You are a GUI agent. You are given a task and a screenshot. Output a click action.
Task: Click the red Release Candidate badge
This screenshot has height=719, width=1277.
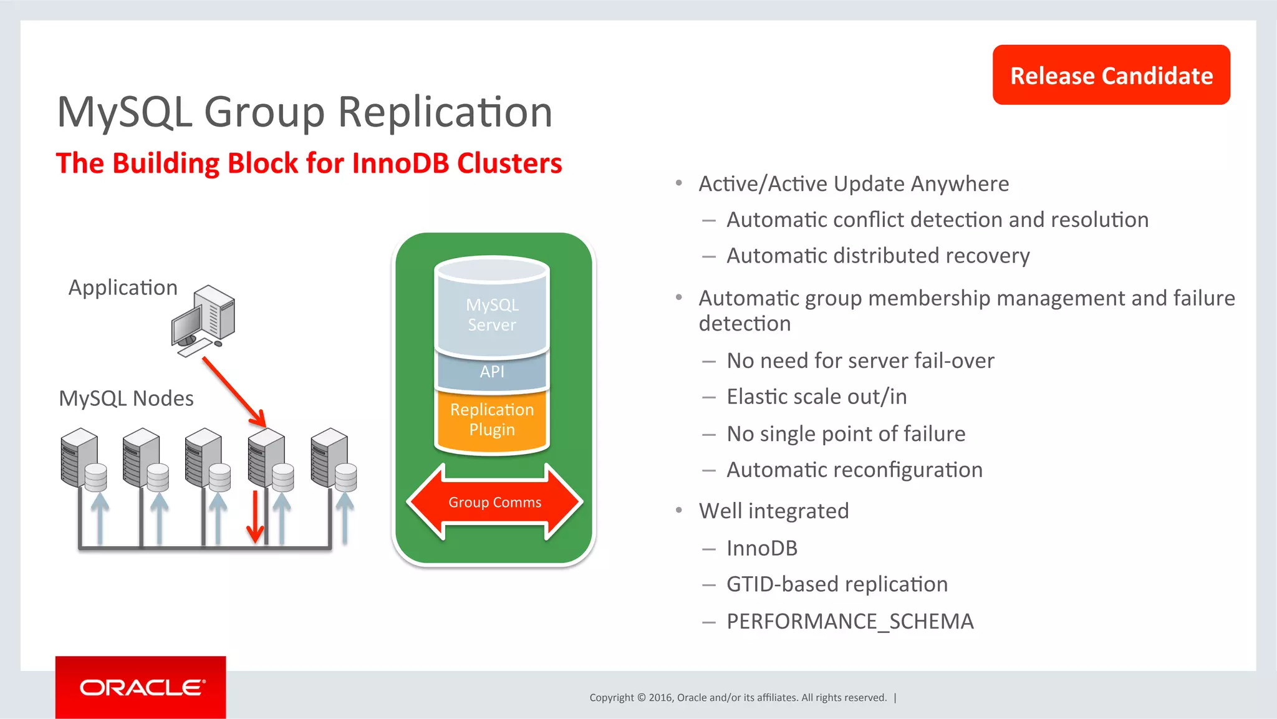tap(1111, 75)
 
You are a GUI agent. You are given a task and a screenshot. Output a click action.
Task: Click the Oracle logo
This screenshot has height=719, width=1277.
tap(141, 687)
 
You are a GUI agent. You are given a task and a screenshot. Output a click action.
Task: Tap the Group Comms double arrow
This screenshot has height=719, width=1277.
tap(494, 502)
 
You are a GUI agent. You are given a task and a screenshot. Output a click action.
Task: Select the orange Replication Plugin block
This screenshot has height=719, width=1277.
tap(492, 420)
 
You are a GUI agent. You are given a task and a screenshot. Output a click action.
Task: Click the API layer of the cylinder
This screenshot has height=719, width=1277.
tap(492, 372)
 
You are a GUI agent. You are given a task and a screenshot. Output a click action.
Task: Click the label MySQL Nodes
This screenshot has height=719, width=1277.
tap(126, 398)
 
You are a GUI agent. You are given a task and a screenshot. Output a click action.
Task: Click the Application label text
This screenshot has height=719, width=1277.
tap(123, 287)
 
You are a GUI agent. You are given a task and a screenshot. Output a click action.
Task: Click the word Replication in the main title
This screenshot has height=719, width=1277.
tap(445, 112)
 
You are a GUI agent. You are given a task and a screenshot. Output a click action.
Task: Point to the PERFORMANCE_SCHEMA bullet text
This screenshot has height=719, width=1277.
tap(849, 621)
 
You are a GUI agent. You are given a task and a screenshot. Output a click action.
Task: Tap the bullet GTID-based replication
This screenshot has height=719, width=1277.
tap(837, 584)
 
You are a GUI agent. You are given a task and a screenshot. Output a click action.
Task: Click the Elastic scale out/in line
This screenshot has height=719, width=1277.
tap(816, 397)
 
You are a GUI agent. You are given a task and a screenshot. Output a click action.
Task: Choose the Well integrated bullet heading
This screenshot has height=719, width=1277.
tap(773, 511)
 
